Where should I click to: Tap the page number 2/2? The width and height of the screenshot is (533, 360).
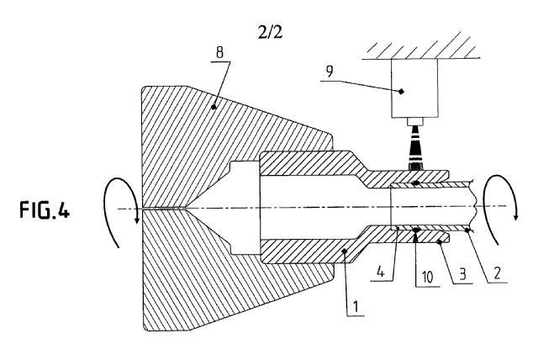click(274, 34)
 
